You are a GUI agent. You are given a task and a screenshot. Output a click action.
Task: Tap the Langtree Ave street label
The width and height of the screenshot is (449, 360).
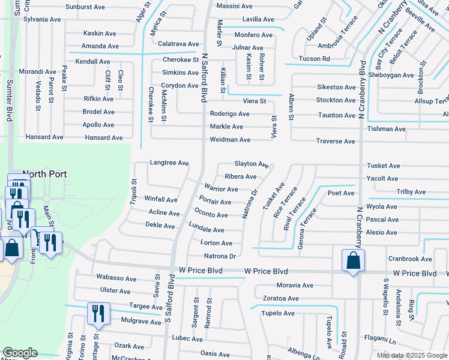click(169, 163)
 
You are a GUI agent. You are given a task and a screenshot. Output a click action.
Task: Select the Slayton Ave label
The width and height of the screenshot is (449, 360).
click(251, 164)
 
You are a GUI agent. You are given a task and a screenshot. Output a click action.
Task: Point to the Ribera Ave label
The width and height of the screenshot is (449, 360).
click(240, 176)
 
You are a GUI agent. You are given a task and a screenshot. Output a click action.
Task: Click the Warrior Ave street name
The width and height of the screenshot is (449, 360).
click(221, 189)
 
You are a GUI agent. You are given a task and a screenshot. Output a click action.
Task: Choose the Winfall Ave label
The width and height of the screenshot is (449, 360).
click(161, 199)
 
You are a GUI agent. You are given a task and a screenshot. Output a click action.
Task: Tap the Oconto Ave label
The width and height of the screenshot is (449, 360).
click(211, 214)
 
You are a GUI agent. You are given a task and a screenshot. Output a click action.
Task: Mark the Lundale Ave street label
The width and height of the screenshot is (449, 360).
click(206, 229)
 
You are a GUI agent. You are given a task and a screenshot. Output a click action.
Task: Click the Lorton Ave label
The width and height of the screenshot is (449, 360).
click(216, 243)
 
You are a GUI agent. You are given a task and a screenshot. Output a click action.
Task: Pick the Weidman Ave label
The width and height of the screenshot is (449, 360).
click(230, 140)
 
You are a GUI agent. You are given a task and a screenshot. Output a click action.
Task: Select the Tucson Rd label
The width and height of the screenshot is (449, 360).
click(314, 59)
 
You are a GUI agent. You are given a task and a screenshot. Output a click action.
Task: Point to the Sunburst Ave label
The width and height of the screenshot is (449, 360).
click(85, 7)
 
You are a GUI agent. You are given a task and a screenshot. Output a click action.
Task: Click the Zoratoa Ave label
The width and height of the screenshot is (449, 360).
click(277, 298)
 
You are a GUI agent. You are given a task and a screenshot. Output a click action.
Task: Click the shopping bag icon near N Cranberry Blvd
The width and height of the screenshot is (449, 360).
click(352, 261)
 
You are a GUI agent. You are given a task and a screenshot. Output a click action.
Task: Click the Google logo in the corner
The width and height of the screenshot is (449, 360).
click(20, 353)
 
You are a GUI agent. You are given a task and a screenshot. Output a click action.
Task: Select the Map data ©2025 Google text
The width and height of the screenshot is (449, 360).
click(411, 355)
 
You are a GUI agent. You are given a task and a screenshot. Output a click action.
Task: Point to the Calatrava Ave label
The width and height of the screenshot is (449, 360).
click(178, 44)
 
